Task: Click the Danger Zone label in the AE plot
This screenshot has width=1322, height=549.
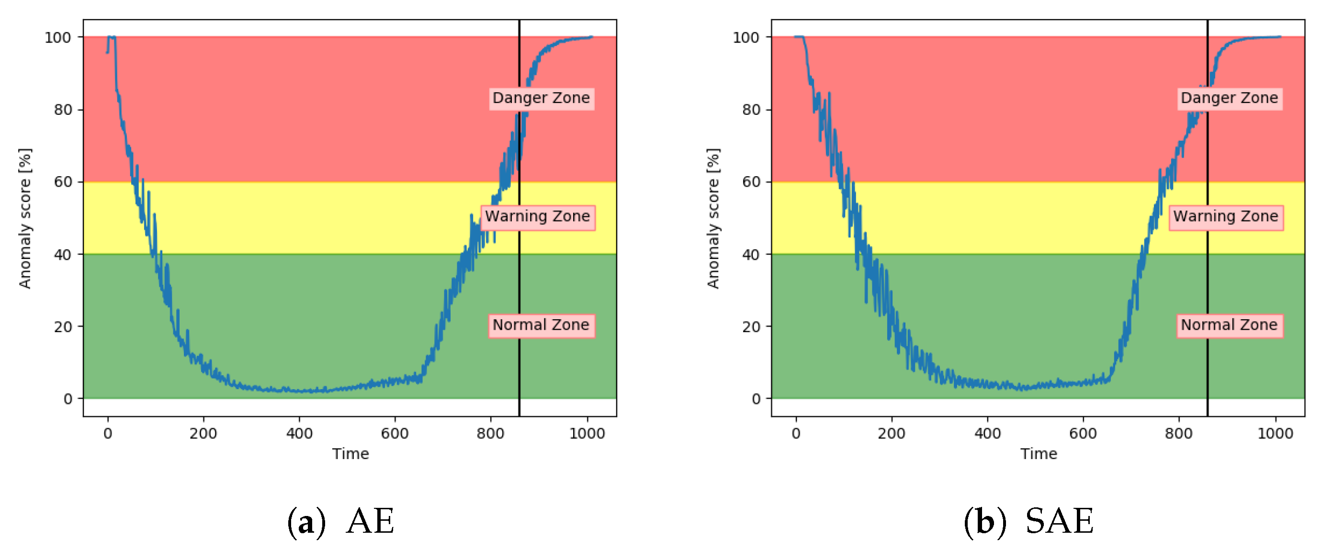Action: (x=541, y=98)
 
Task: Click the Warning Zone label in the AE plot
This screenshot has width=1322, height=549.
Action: (x=537, y=216)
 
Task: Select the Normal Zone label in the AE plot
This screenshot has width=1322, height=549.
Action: (x=541, y=325)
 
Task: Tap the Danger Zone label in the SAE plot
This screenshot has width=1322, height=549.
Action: (x=1229, y=98)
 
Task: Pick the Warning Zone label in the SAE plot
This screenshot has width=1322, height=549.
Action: (x=1225, y=216)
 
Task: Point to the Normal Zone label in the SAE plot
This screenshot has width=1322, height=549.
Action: (x=1229, y=325)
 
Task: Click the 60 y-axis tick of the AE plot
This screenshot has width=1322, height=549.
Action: (x=63, y=182)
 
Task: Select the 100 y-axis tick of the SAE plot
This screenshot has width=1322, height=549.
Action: (x=746, y=37)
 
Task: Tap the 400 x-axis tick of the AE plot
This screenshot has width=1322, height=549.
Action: (x=299, y=434)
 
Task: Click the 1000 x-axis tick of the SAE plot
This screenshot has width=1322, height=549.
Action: (x=1275, y=434)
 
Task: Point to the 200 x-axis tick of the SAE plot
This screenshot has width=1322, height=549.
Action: (x=892, y=434)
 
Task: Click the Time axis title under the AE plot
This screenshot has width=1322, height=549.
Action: (x=350, y=454)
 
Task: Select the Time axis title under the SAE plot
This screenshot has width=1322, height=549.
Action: (x=1039, y=454)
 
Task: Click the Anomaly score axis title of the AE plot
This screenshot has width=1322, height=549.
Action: (x=24, y=219)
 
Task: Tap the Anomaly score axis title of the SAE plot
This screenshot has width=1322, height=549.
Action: (x=713, y=219)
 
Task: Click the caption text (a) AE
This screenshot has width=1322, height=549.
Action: (x=341, y=522)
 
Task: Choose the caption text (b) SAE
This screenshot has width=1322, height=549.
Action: (x=1028, y=522)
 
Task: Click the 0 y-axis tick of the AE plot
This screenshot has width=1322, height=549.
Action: (x=68, y=399)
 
